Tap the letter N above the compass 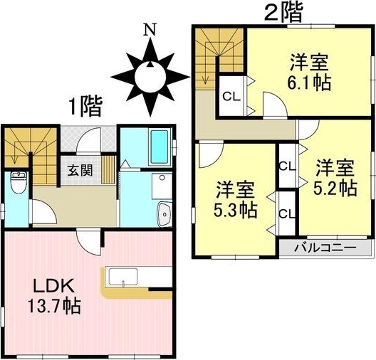coord(150,31)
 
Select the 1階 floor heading coord(85,107)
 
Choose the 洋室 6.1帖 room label coord(310,71)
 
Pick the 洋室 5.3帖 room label coord(235,201)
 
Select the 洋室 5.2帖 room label coord(335,179)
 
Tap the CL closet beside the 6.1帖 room coord(232,97)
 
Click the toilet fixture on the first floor coord(19,184)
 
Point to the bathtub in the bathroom coord(160,147)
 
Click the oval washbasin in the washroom coord(164,211)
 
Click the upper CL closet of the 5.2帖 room coord(287,166)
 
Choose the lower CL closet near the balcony coord(287,213)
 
